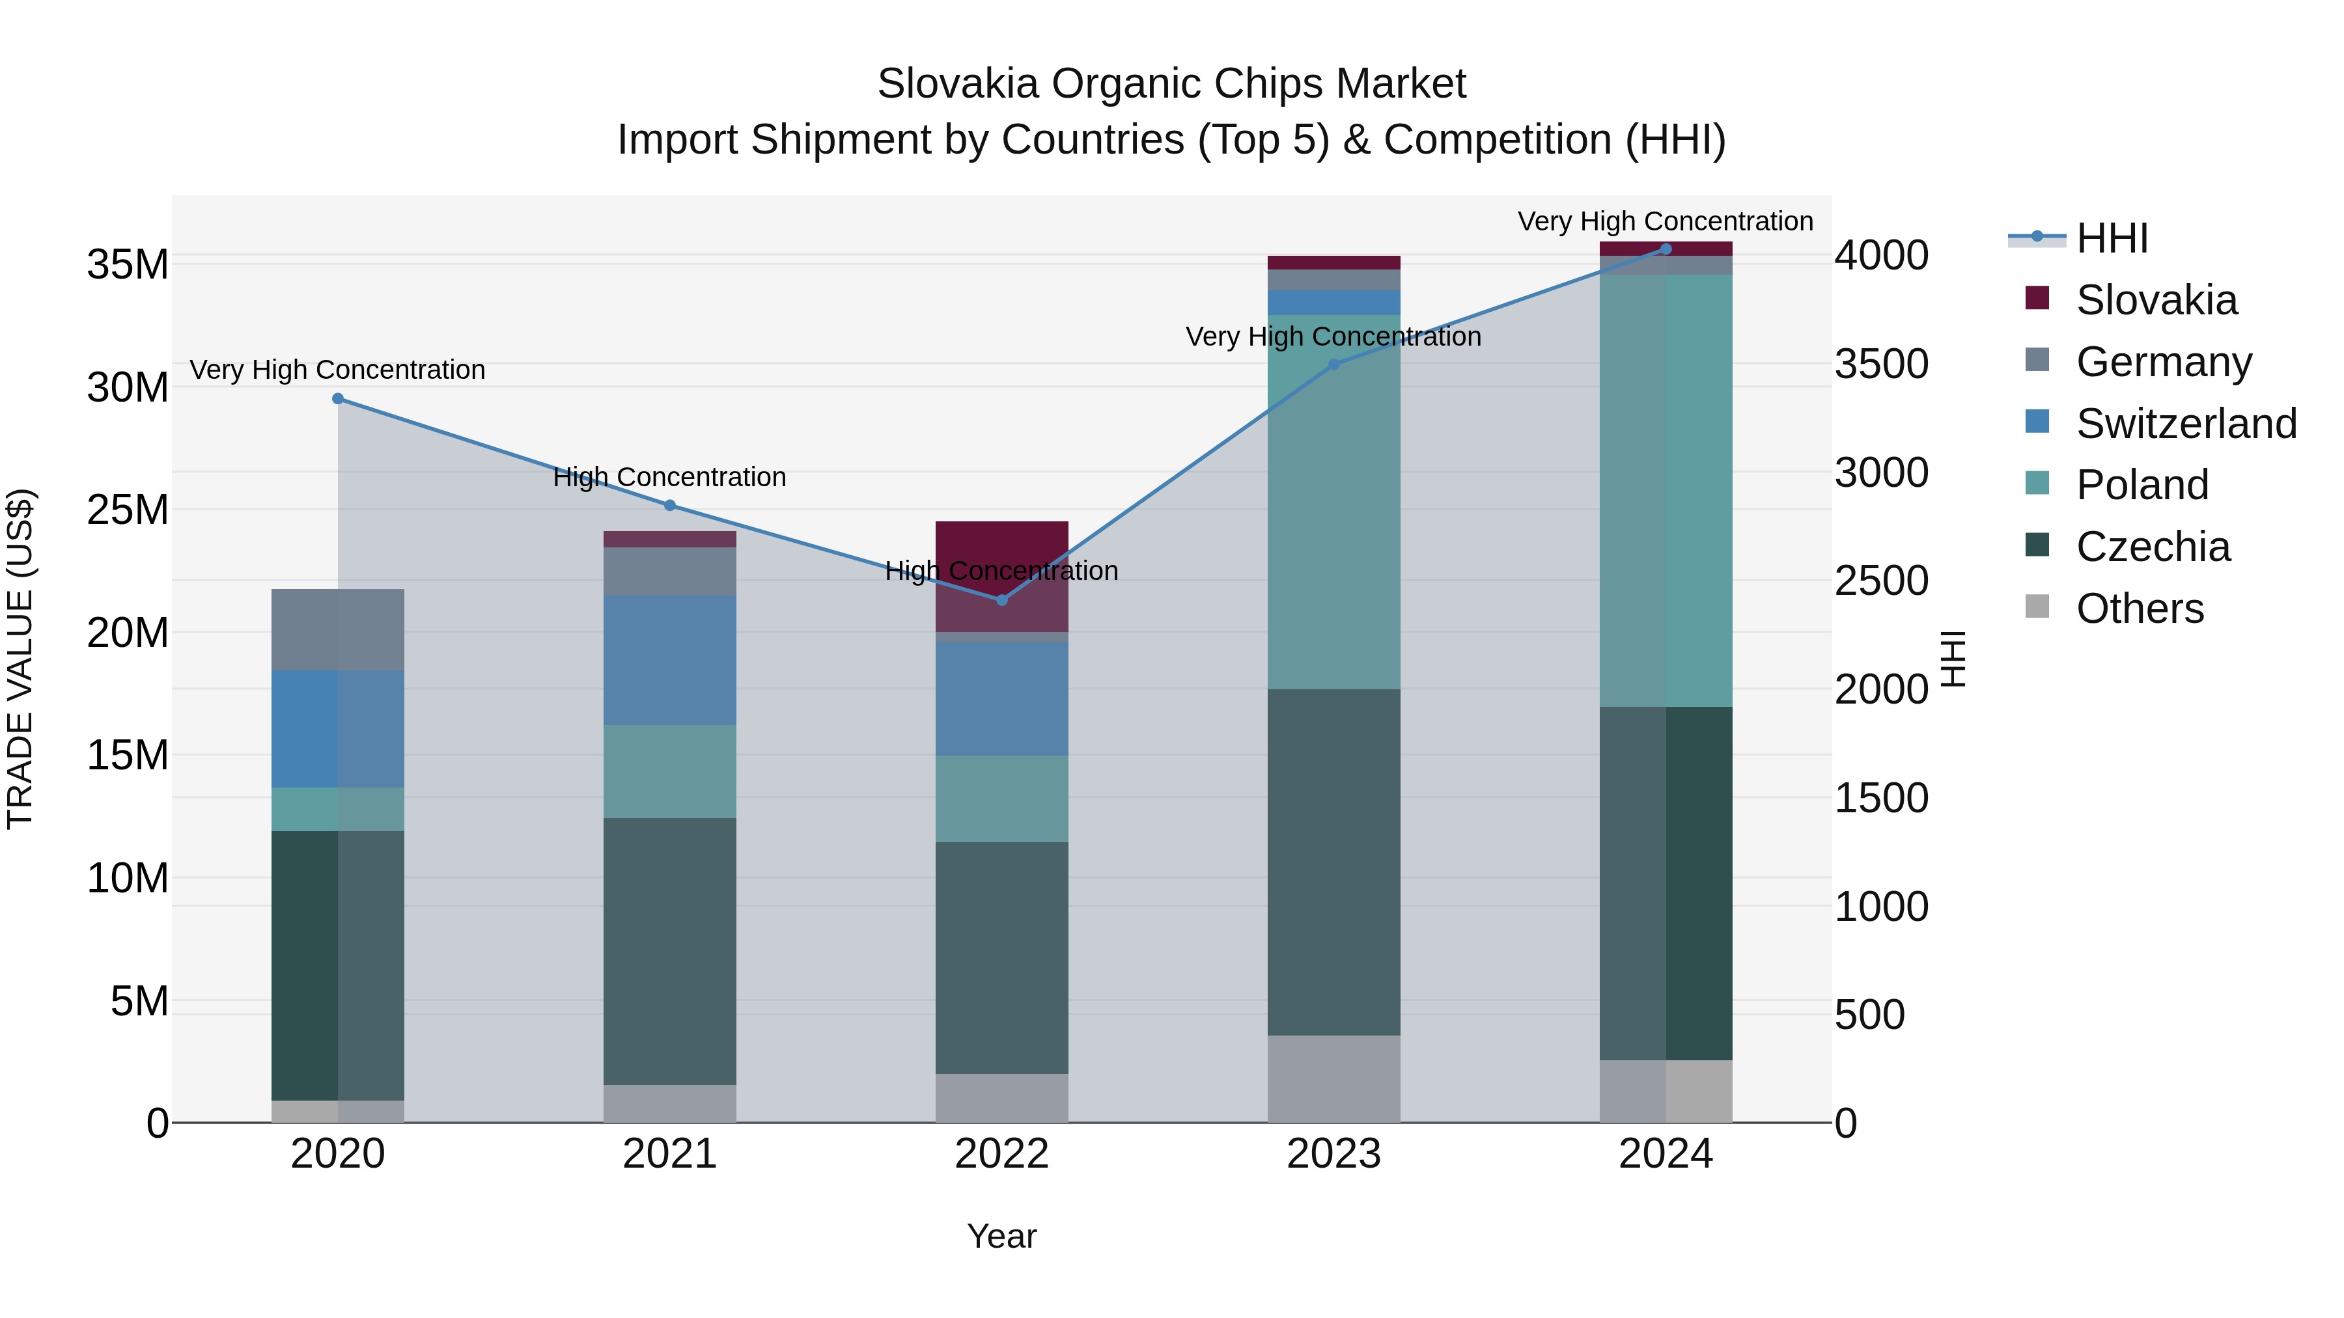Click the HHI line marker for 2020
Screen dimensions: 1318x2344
(337, 398)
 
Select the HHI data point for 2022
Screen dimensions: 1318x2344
(1002, 600)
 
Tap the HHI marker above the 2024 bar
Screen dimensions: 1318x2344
(1666, 249)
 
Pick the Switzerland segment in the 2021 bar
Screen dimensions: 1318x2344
(670, 661)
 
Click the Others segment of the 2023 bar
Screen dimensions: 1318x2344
(1334, 1078)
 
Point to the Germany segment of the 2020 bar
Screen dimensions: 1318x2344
(337, 629)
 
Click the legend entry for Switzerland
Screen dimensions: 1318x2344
(2186, 424)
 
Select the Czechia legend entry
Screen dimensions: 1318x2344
(2153, 547)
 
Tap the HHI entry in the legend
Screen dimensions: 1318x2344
(2111, 238)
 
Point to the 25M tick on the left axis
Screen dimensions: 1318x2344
(128, 510)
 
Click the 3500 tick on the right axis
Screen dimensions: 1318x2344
(1881, 364)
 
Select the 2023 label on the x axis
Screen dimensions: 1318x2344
(1334, 1154)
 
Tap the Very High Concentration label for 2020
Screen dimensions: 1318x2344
(337, 370)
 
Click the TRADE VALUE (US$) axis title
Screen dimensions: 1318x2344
(20, 659)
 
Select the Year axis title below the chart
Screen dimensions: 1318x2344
(1002, 1236)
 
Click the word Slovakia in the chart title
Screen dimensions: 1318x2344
(957, 85)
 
